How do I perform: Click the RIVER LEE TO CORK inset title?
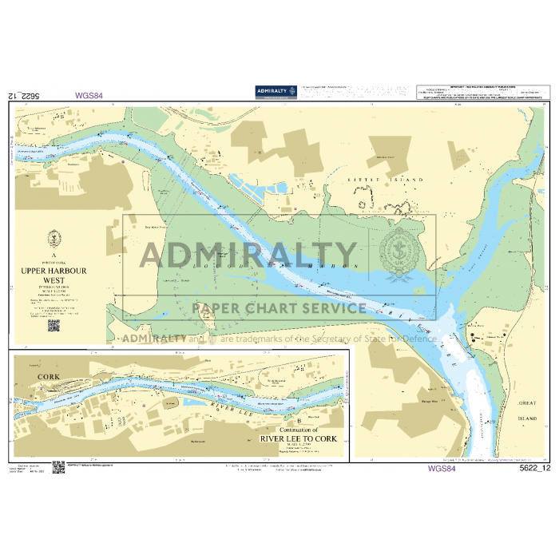(x=299, y=439)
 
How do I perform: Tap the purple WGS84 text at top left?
(x=89, y=95)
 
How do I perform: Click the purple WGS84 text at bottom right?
(x=442, y=469)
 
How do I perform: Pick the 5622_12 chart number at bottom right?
(x=535, y=469)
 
